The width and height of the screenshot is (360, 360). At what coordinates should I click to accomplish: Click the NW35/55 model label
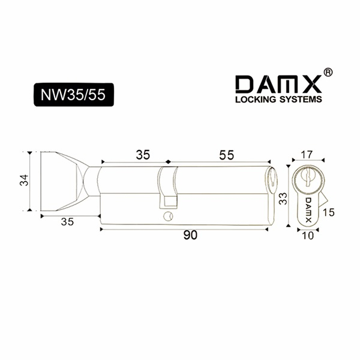[74, 95]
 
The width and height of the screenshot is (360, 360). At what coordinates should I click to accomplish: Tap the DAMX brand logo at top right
[278, 84]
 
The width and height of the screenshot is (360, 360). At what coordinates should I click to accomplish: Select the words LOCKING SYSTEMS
[278, 99]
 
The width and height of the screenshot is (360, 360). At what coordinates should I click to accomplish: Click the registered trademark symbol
[328, 72]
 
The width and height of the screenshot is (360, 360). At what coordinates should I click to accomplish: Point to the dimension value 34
[24, 180]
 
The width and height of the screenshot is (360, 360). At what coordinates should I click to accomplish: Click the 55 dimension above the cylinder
[226, 155]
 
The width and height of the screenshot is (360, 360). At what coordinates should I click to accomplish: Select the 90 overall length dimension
[190, 235]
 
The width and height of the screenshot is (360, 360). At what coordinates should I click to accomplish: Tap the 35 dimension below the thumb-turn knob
[67, 222]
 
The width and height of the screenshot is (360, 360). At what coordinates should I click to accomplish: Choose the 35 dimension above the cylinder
[143, 155]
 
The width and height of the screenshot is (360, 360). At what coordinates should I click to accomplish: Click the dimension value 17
[307, 155]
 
